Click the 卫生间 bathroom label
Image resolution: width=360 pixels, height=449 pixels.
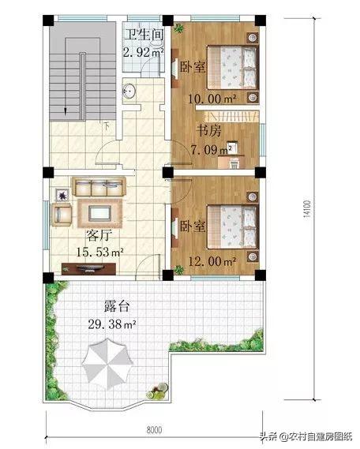point(144,35)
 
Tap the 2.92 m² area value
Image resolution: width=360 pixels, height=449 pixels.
point(143,52)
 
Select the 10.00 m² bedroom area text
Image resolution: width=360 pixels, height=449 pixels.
point(212,99)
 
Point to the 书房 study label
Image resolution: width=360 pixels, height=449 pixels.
point(208,131)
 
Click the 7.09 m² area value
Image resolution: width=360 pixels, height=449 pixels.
point(212,149)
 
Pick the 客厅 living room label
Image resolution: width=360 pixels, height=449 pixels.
point(99,236)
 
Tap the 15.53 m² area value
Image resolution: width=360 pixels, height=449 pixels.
point(99,253)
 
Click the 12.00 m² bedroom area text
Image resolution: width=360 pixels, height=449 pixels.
point(212,261)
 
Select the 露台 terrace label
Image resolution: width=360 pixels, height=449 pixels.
point(117,306)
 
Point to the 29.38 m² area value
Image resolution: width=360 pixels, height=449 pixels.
point(111,325)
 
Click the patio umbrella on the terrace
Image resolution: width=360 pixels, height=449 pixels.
point(107,364)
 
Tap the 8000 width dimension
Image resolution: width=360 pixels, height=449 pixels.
point(154,430)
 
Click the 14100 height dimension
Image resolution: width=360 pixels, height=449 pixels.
point(306,209)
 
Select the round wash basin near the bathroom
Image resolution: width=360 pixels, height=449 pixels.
point(129,91)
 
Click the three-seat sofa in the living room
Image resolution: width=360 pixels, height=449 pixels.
point(99,187)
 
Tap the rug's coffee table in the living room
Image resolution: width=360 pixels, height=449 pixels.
point(99,214)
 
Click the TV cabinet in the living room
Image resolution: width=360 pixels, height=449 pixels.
point(88,269)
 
